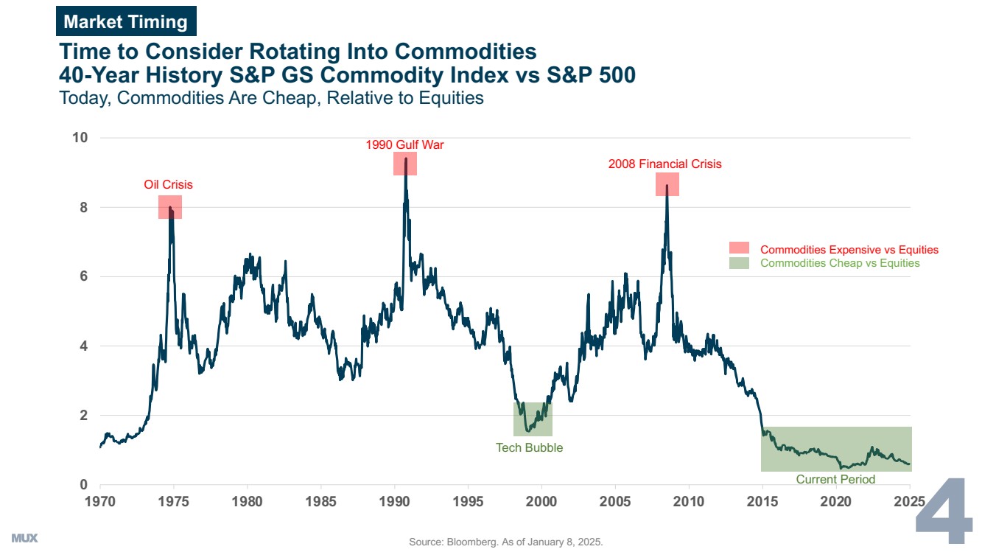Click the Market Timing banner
coord(126,22)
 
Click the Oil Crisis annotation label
coord(168,184)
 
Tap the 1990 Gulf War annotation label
coord(404,144)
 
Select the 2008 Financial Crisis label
coord(664,164)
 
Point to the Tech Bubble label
coord(529,447)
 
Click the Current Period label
coord(835,479)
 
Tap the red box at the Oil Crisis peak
coord(170,207)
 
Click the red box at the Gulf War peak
coord(405,164)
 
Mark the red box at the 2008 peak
coord(667,184)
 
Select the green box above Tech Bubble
coord(533,419)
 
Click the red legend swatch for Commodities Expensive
coord(739,249)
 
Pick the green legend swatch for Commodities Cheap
coord(739,262)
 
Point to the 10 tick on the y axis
coord(80,138)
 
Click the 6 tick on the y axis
coord(83,276)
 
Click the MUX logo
coord(24,539)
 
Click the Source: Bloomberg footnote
coord(505,542)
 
